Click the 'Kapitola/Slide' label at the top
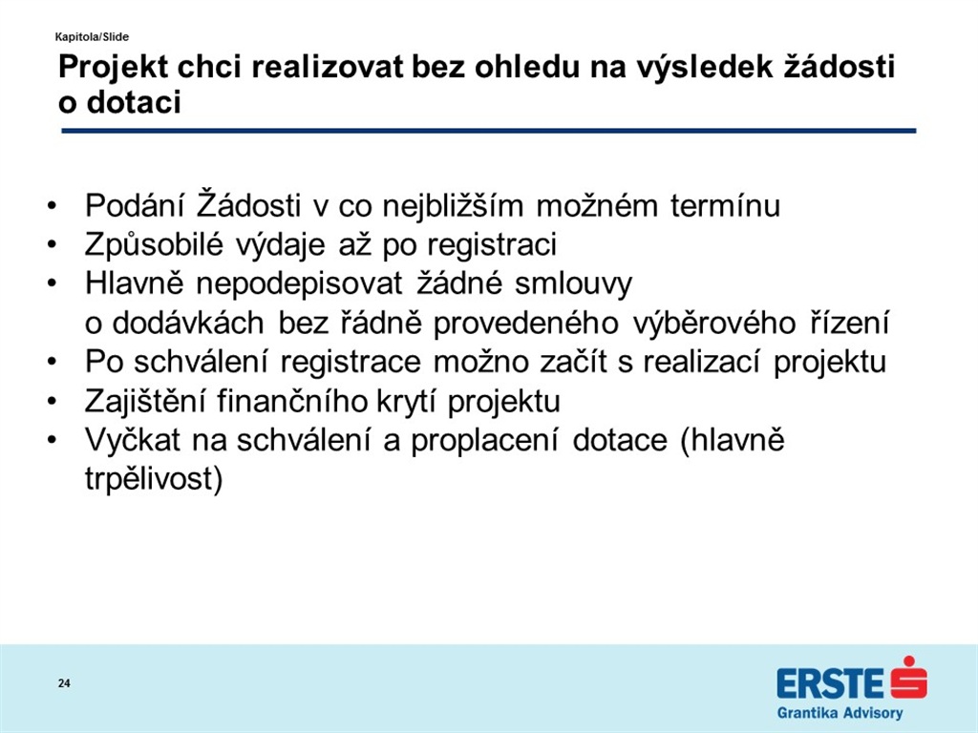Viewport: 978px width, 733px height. click(x=92, y=37)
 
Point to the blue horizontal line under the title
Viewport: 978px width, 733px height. click(x=488, y=131)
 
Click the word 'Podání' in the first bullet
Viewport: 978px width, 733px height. click(x=135, y=206)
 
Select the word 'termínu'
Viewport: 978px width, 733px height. click(x=726, y=206)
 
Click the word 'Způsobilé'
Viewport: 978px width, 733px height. click(x=154, y=245)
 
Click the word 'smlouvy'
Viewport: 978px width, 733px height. click(x=573, y=284)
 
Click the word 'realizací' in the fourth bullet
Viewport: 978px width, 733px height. click(x=702, y=362)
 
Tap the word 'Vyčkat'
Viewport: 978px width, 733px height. click(x=132, y=441)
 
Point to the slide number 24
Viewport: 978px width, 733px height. click(x=64, y=683)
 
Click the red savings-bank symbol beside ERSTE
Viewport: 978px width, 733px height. click(x=909, y=678)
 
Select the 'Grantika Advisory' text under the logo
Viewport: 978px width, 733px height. click(x=840, y=713)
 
